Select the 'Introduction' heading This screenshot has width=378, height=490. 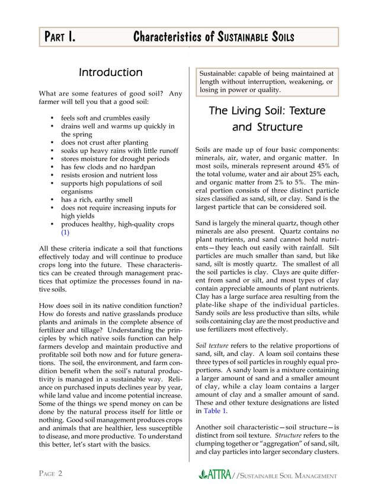(x=111, y=73)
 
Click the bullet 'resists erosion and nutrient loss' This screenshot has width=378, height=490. (x=104, y=176)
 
